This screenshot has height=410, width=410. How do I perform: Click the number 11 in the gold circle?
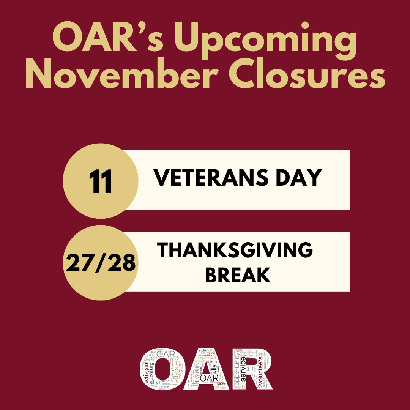point(101,181)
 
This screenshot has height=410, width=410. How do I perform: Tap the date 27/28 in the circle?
point(101,263)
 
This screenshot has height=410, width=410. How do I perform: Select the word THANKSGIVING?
point(235,251)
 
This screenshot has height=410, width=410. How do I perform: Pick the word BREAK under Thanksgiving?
point(238,275)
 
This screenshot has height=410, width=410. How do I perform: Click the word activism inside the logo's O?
point(146,374)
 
